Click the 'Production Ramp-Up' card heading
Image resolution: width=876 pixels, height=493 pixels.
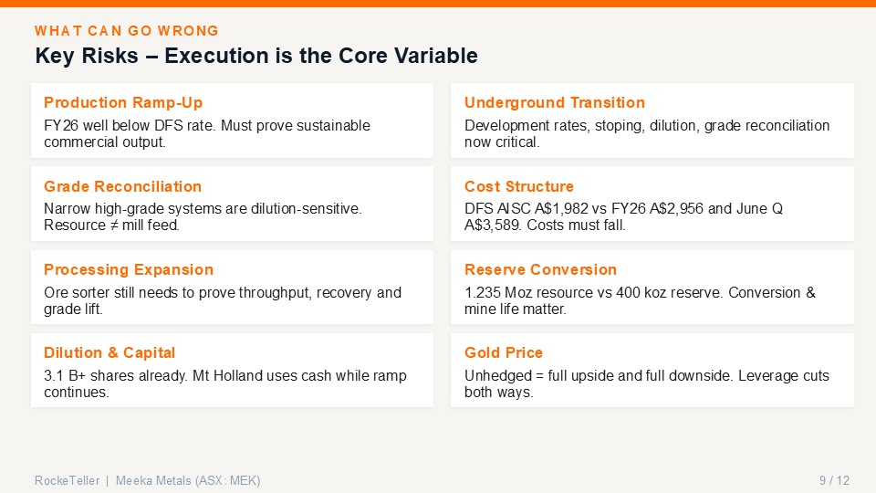click(123, 103)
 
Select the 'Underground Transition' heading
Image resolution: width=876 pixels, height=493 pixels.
click(554, 103)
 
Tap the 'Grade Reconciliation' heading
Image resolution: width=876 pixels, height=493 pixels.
click(122, 186)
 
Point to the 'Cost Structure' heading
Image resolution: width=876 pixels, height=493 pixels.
click(519, 186)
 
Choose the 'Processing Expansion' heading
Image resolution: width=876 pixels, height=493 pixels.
click(129, 270)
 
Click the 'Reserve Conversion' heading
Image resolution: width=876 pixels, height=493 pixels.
click(540, 270)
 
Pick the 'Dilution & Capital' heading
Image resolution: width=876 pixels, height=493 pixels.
click(109, 353)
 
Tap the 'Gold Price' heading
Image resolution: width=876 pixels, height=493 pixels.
click(504, 353)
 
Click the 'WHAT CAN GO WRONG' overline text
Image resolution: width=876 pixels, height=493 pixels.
click(126, 31)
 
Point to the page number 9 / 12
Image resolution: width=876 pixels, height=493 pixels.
click(834, 480)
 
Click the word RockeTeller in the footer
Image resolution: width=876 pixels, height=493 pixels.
click(67, 480)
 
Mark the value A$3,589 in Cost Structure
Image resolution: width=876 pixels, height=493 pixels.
click(492, 226)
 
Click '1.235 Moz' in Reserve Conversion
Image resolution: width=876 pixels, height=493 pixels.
click(491, 292)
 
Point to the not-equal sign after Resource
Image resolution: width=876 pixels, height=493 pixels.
click(114, 226)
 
